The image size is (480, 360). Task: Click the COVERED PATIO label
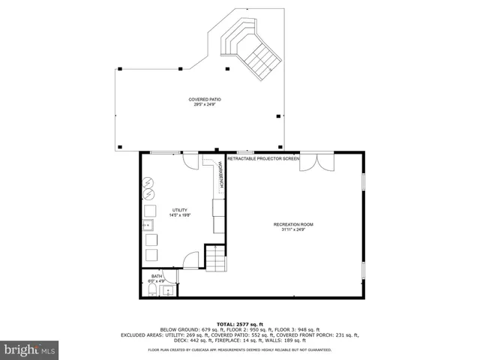[204, 99]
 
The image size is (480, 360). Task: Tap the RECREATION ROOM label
[292, 224]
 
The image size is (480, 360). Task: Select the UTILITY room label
[180, 210]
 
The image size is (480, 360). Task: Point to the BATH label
[157, 276]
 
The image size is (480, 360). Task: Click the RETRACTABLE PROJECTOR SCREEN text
[262, 159]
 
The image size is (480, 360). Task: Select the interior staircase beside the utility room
[215, 259]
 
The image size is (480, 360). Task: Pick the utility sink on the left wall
[149, 224]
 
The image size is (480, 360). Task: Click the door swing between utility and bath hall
[191, 260]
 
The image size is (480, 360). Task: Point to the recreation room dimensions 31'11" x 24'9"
[292, 230]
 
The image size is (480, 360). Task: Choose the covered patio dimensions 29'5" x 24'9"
[204, 104]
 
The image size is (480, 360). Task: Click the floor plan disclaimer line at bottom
[240, 349]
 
